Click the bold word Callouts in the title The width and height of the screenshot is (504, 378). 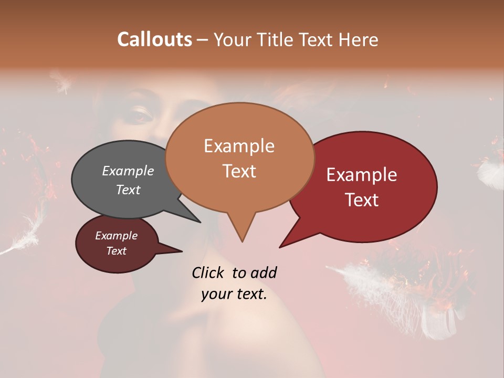click(x=154, y=39)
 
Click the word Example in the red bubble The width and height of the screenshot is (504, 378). click(x=362, y=175)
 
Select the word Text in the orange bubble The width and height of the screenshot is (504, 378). click(x=239, y=171)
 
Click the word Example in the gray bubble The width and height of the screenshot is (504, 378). click(x=128, y=171)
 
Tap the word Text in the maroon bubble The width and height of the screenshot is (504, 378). click(x=117, y=251)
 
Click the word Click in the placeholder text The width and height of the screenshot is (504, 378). click(x=209, y=272)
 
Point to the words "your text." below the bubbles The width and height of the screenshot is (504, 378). click(x=234, y=294)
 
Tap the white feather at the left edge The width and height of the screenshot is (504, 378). click(x=21, y=242)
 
